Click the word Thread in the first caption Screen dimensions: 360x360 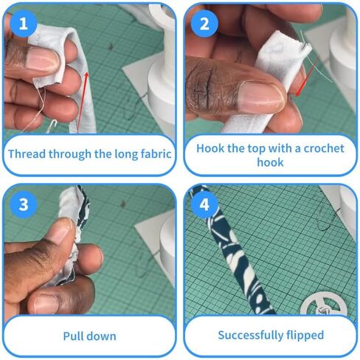coord(29,154)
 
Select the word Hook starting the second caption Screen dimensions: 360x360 coord(212,148)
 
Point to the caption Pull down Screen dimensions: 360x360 coord(89,336)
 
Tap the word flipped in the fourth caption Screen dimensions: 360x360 coord(305,335)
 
